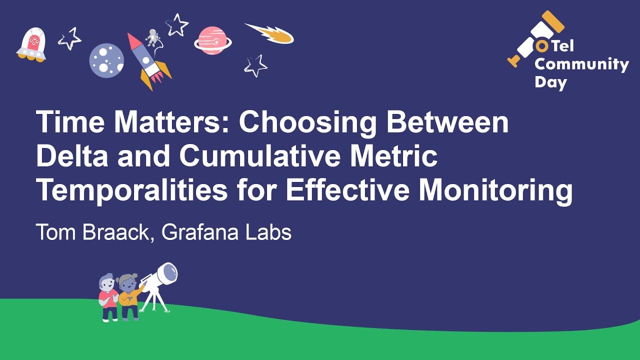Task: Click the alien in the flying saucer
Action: [33, 43]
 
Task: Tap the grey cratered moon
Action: [106, 60]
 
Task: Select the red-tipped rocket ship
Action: [148, 61]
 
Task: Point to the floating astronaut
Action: [152, 37]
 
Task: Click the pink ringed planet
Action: [213, 40]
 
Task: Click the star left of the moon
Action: [69, 39]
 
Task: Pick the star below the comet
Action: [255, 65]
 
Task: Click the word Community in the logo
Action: [581, 65]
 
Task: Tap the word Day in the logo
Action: [550, 82]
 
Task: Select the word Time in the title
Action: [70, 121]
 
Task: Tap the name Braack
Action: [115, 232]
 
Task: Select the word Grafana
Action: [199, 232]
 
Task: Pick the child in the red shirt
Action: [108, 297]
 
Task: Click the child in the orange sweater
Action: [129, 297]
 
